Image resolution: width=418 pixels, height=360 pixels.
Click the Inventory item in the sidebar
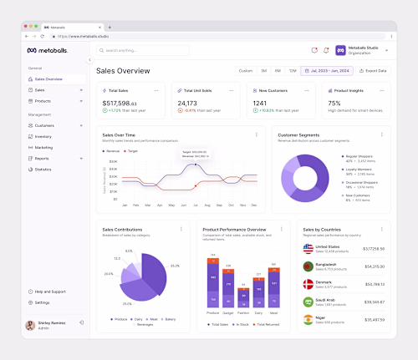tap(43, 136)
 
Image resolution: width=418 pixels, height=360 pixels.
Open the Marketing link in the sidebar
tap(43, 147)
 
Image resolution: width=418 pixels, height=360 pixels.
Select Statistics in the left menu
tap(43, 169)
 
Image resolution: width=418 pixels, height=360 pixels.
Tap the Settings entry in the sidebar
tap(43, 302)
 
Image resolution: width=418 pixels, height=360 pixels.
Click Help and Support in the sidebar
tap(49, 291)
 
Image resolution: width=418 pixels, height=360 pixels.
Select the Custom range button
tap(246, 71)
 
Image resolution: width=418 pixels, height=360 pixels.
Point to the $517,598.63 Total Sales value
tap(120, 103)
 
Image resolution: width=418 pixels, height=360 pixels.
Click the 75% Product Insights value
tap(334, 103)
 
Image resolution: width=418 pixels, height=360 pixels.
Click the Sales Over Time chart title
tap(119, 134)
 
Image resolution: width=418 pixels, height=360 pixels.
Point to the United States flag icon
tap(308, 249)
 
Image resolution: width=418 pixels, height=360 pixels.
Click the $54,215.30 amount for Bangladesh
tap(374, 266)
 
